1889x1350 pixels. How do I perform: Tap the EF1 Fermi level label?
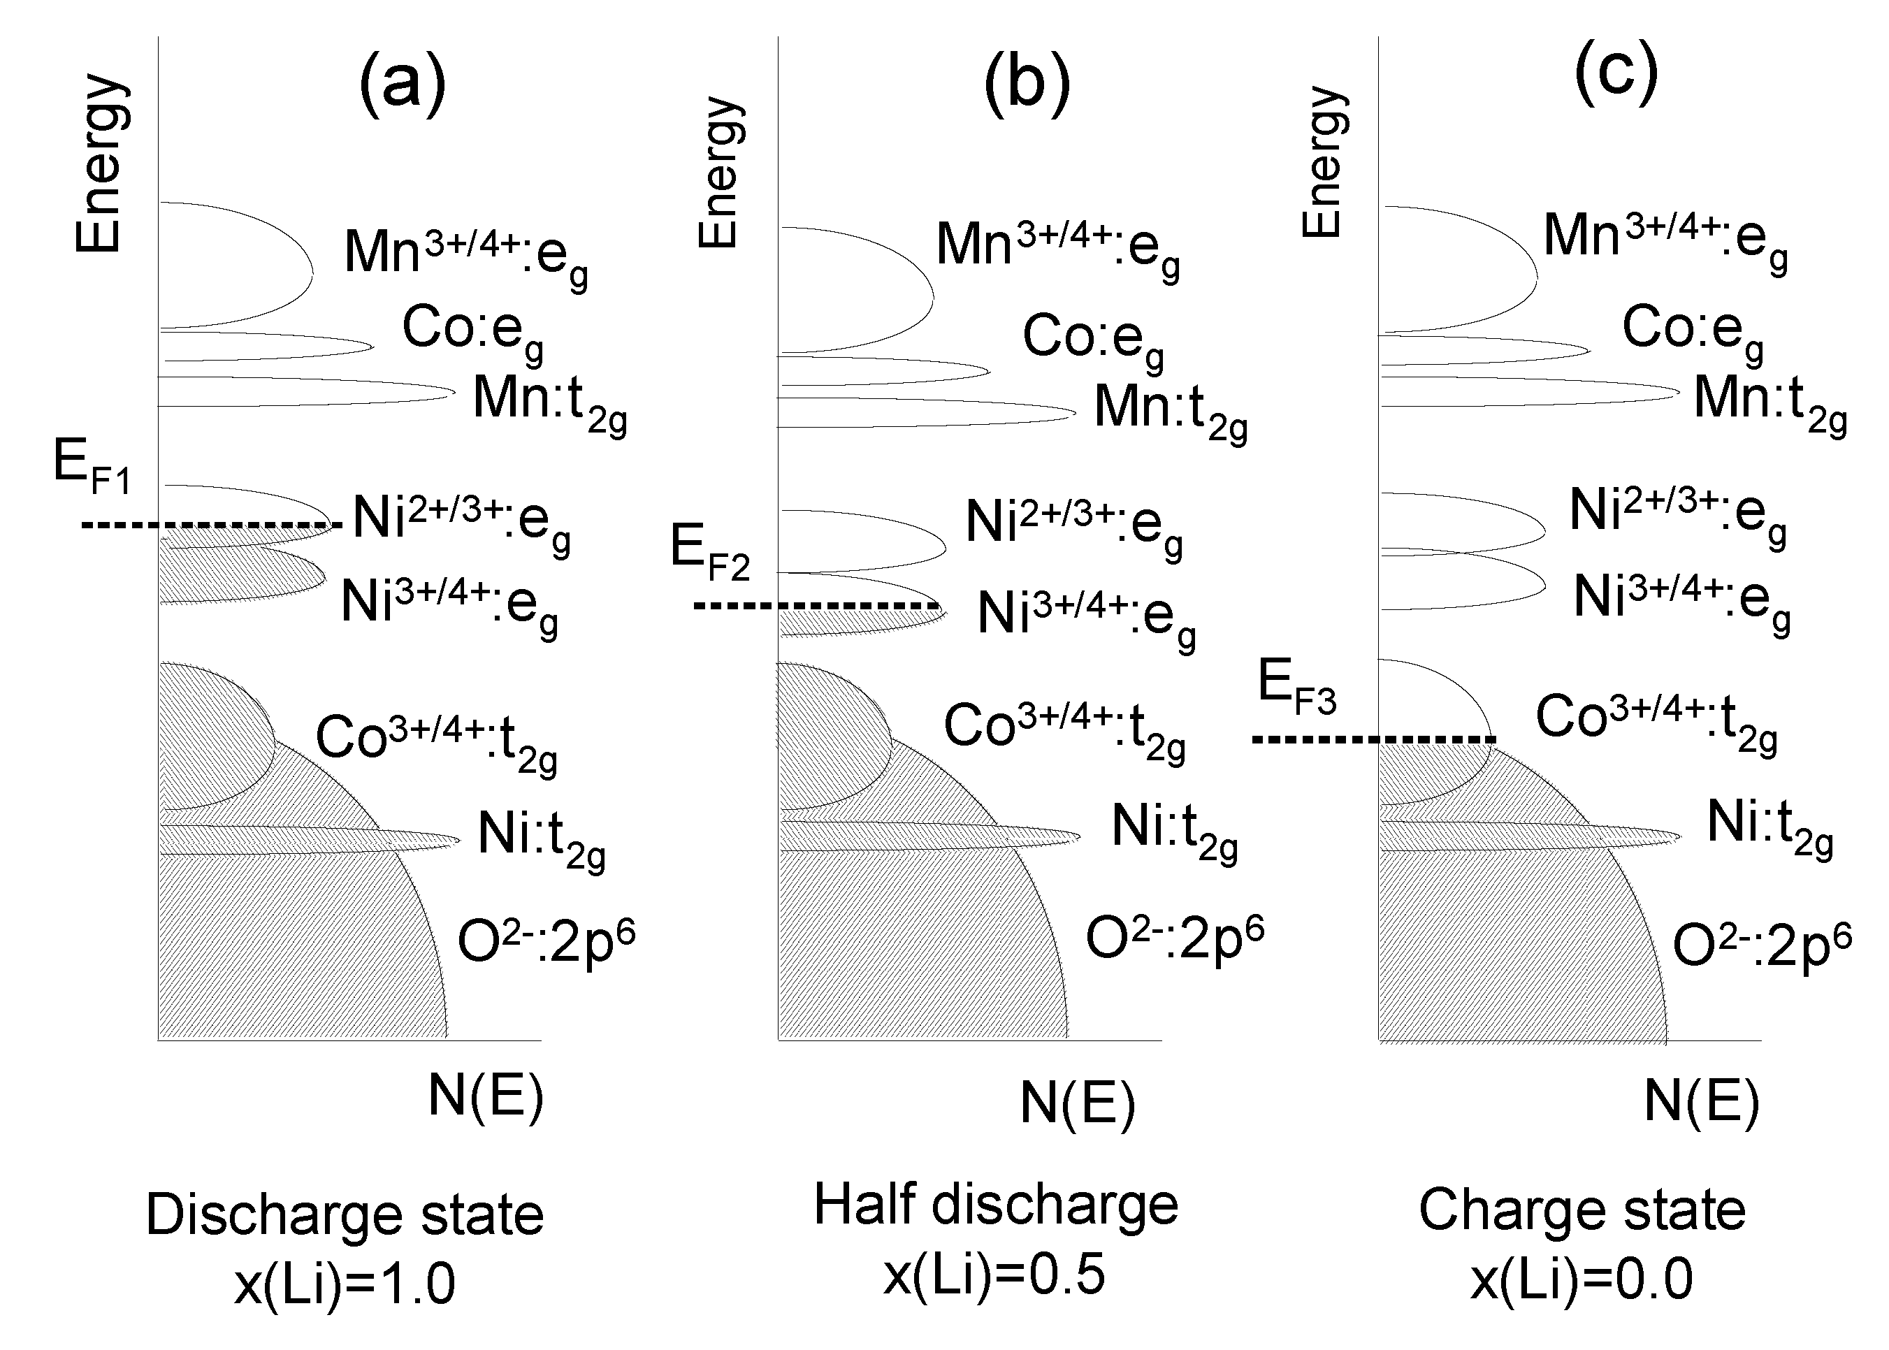pyautogui.click(x=92, y=465)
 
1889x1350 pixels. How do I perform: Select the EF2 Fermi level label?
pyautogui.click(x=709, y=552)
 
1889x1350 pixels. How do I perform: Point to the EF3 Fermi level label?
pyautogui.click(x=1296, y=685)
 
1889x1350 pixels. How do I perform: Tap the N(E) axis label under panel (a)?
pyautogui.click(x=486, y=1096)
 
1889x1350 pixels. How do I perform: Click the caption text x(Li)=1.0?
pyautogui.click(x=345, y=1284)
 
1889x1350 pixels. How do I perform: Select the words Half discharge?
pyautogui.click(x=995, y=1205)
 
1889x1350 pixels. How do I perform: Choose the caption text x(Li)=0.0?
pyautogui.click(x=1582, y=1279)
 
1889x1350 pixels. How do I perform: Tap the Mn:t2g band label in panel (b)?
pyautogui.click(x=1171, y=412)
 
